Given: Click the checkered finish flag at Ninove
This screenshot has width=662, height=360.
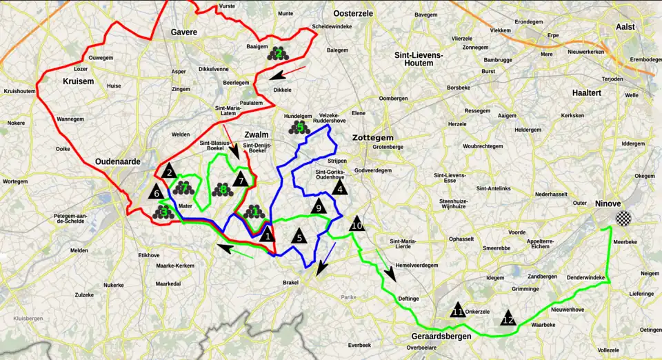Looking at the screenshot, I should click(623, 219).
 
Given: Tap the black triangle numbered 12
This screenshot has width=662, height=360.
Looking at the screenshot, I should click(508, 318).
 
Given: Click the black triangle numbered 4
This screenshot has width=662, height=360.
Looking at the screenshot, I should click(338, 186).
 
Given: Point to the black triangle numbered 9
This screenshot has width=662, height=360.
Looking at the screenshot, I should click(317, 206).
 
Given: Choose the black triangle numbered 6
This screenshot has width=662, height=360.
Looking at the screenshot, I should click(157, 192).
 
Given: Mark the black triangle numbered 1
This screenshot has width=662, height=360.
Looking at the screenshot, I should click(267, 235).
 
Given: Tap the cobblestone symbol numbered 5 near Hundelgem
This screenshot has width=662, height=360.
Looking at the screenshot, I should click(299, 127).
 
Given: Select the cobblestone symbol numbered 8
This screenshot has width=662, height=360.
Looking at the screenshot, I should click(223, 189).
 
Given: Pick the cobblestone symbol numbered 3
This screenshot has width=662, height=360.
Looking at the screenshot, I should click(163, 212).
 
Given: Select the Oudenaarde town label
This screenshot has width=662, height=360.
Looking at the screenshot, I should click(118, 161).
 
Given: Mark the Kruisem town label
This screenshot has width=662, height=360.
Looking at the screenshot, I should click(77, 82).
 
